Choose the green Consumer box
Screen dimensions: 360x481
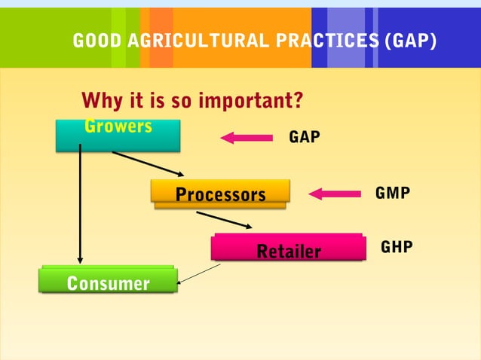[108, 282]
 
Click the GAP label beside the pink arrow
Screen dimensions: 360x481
[305, 137]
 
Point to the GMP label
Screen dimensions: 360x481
[393, 194]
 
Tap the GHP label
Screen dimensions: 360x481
[397, 247]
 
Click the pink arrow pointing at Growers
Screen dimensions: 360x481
[247, 137]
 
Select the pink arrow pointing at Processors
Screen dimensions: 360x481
[336, 194]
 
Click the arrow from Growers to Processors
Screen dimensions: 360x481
[148, 163]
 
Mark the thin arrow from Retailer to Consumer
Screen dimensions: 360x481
[198, 273]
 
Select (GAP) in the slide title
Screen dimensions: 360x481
[409, 41]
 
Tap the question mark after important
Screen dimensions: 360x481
[299, 100]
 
